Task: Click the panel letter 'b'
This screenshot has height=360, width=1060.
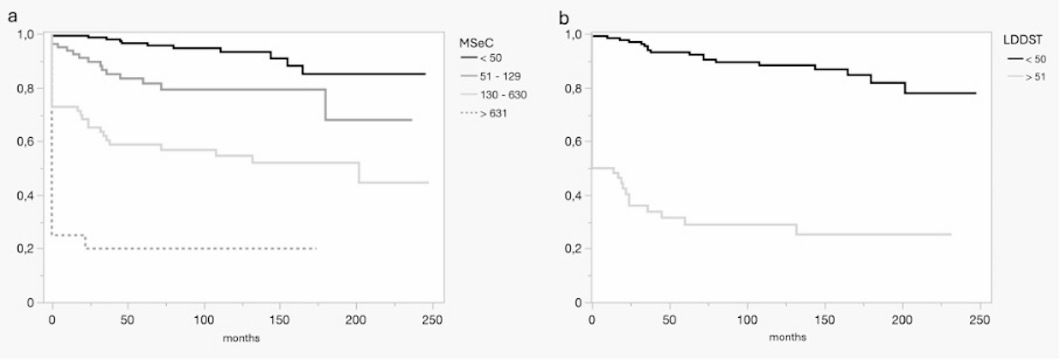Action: [x=564, y=19]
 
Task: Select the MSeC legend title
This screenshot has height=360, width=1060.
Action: [x=476, y=43]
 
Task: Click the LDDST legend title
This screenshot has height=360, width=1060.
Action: [x=1022, y=40]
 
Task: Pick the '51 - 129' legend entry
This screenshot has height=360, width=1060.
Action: [x=500, y=76]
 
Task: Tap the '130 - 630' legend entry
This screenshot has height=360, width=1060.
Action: [x=503, y=95]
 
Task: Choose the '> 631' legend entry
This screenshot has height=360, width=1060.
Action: [x=493, y=113]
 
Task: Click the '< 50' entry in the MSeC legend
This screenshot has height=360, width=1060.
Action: [x=490, y=58]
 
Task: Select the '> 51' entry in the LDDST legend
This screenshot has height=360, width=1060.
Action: [x=1035, y=77]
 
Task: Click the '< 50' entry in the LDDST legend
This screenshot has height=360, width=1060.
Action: [x=1035, y=59]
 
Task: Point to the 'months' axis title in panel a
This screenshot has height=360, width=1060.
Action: [x=241, y=338]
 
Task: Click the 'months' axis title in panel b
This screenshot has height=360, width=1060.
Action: [x=787, y=337]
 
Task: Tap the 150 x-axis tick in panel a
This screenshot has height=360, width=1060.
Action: [x=280, y=320]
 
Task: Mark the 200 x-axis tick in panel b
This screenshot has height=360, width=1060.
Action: [x=902, y=320]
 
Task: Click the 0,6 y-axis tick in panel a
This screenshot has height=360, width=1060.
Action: [x=26, y=142]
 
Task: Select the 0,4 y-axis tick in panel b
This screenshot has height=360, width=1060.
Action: [x=573, y=195]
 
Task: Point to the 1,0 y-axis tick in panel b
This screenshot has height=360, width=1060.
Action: [x=573, y=35]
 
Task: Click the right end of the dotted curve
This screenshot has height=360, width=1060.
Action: [x=316, y=249]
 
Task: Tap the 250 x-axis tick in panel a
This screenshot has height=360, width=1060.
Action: [x=432, y=320]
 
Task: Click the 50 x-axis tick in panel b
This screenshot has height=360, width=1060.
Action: [x=669, y=320]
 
